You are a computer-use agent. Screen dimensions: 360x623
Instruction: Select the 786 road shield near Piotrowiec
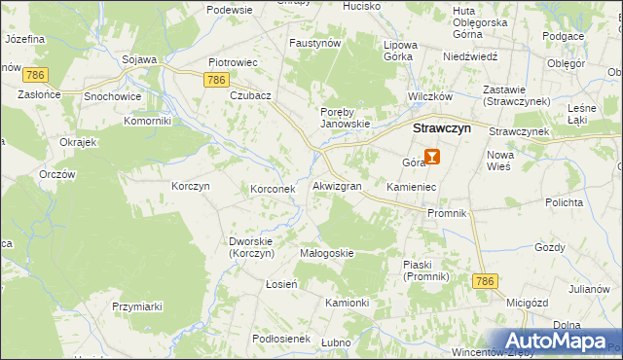[x=217, y=80]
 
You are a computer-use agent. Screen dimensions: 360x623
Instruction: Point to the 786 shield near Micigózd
[x=486, y=280]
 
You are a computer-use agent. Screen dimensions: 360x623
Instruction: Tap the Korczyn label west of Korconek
[x=191, y=185]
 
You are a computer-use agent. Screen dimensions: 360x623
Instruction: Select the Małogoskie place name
[x=326, y=253]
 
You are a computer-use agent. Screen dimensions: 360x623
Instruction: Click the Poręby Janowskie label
[x=346, y=117]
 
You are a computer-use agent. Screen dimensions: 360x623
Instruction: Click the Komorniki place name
[x=147, y=121]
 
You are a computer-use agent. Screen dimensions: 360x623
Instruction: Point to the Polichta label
[x=564, y=202]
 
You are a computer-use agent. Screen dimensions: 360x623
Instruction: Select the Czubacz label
[x=250, y=96]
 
